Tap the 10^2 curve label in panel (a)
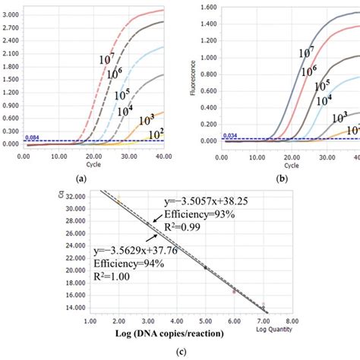coord(156,134)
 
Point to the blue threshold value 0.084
coord(32,137)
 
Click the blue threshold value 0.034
coord(230,136)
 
